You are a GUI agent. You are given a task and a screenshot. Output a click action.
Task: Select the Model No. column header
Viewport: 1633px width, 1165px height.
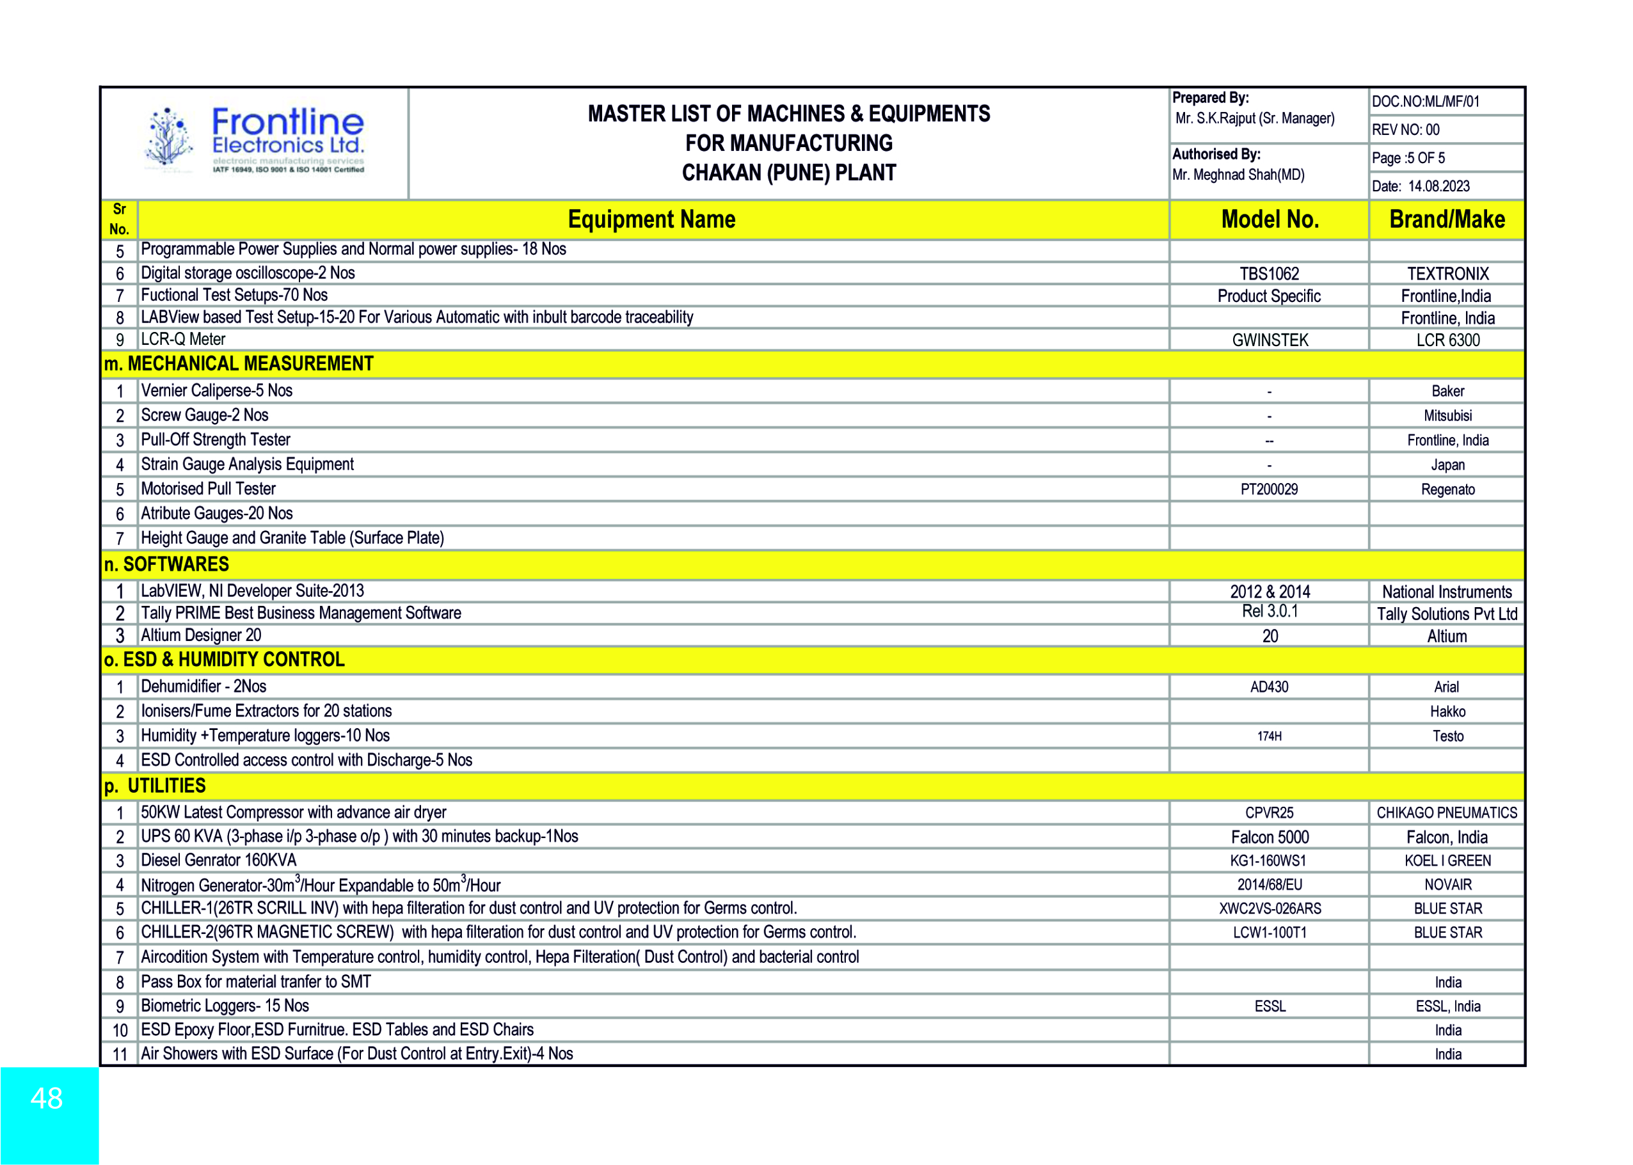1270,219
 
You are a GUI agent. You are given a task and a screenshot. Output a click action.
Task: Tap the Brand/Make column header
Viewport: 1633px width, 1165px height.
1446,219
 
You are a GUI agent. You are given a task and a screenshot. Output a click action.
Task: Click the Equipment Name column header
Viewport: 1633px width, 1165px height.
651,219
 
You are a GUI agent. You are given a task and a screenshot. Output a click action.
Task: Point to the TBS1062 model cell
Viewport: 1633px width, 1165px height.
1270,274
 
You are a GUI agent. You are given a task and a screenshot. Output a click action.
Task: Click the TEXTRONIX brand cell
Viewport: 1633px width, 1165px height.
1447,274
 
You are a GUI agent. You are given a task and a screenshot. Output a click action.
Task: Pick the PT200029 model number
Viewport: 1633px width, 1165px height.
1270,489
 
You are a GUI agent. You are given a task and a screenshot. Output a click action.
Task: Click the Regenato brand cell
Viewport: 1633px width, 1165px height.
1447,489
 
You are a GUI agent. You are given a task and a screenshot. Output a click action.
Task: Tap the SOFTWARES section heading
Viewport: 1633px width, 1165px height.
166,564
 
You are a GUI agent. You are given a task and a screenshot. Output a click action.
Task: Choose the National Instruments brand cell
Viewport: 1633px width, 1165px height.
1446,592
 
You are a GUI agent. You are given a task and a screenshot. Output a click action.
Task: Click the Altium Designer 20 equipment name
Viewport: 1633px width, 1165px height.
201,635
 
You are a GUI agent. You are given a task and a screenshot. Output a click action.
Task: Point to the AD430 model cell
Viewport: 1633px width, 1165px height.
1270,687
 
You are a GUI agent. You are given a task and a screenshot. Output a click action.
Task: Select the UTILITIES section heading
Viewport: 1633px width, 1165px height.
155,786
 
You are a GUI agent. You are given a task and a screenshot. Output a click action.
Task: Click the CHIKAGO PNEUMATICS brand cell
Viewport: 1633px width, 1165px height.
1446,812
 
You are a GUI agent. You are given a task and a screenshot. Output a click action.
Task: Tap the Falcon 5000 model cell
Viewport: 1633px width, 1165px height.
1270,837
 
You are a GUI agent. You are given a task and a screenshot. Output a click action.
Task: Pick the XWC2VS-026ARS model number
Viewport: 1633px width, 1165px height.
1270,909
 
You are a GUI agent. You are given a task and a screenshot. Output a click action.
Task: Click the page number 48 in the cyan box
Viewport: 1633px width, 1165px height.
47,1098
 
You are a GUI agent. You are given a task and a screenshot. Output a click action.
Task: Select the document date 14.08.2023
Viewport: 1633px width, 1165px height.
1438,187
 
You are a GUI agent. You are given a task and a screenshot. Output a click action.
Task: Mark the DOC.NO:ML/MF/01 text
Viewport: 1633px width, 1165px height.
1425,102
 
